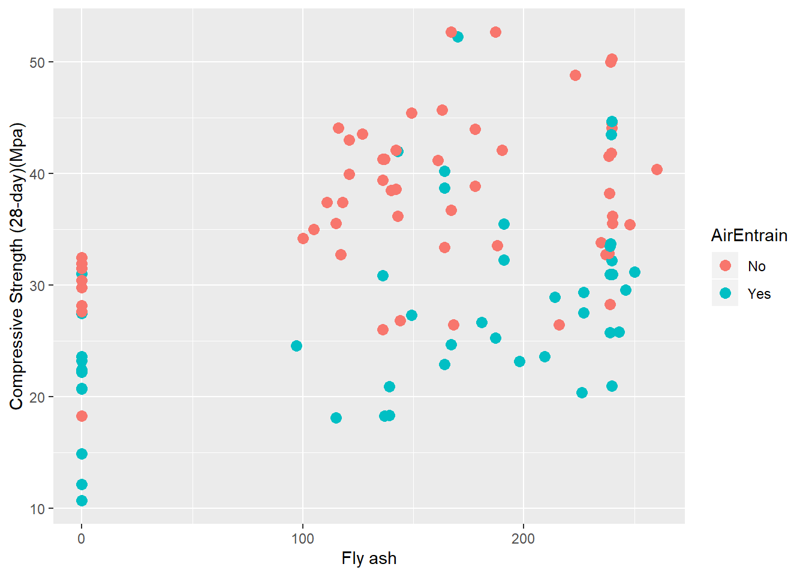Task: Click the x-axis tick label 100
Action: coord(302,538)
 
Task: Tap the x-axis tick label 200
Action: coord(523,538)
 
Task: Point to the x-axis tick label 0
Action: coord(82,538)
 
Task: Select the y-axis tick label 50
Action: coord(37,62)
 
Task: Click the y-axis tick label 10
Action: coord(37,509)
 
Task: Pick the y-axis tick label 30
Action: coord(37,286)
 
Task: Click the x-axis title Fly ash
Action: coord(369,559)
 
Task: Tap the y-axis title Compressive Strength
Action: coord(16,266)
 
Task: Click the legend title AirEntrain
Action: coord(749,235)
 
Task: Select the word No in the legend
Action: coord(757,266)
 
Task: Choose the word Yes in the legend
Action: coord(759,294)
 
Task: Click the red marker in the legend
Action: coord(725,266)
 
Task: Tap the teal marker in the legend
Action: coord(725,293)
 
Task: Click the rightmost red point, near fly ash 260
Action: coord(657,169)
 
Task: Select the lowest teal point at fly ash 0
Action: coord(82,500)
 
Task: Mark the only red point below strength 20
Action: coord(82,416)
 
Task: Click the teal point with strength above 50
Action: coord(458,37)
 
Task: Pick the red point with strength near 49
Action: coord(575,75)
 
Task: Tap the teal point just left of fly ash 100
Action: coord(296,346)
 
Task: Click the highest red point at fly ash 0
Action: coord(82,258)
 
